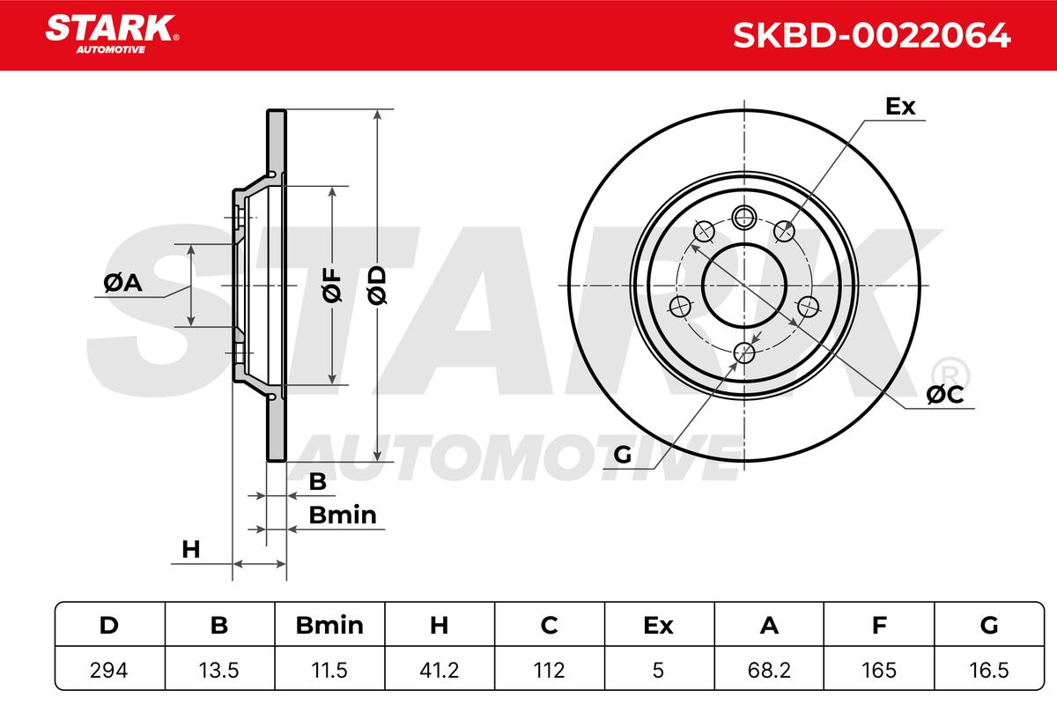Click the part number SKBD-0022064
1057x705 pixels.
coord(871,35)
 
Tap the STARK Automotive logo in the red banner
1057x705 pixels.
coord(112,34)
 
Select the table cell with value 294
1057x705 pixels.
coord(109,670)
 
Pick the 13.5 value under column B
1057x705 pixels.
coord(219,670)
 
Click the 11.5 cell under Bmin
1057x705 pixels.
coord(329,670)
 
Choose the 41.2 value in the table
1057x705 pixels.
coord(440,670)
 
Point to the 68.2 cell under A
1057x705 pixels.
coord(769,670)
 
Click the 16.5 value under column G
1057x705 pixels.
coord(989,670)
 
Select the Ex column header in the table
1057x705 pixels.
coord(659,625)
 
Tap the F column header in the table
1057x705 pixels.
coord(879,625)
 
